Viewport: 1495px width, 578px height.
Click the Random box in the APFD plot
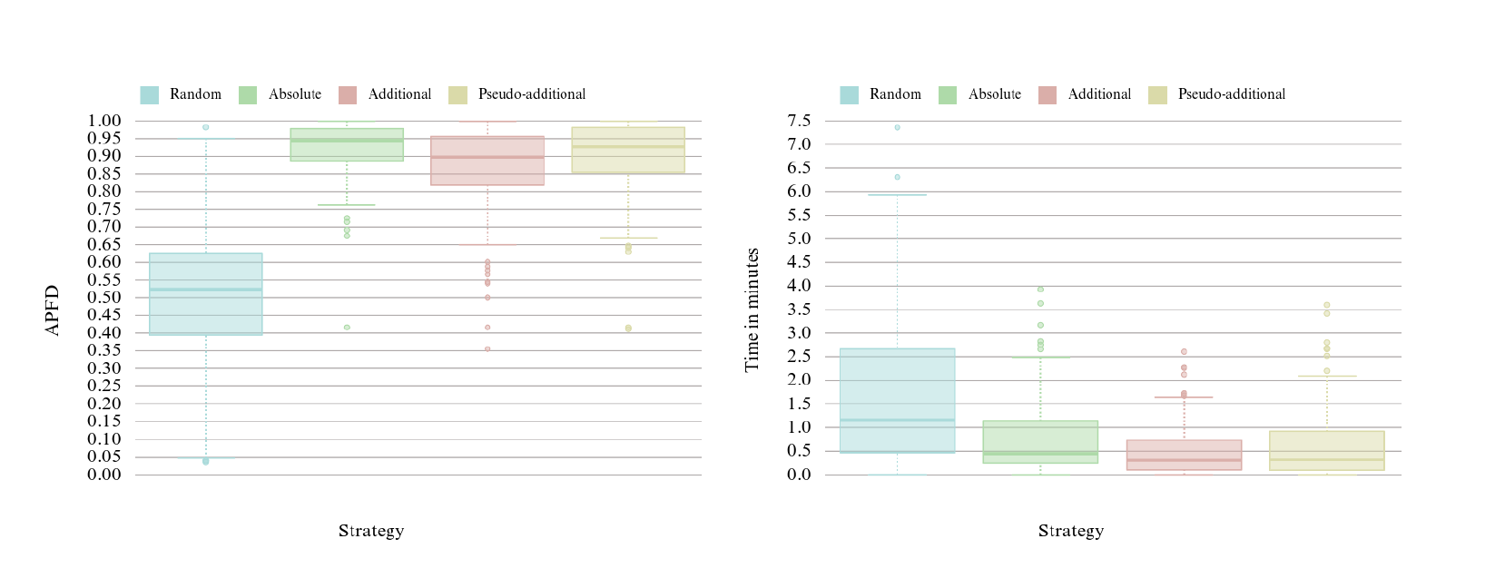point(206,294)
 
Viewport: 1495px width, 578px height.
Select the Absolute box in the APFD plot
point(347,145)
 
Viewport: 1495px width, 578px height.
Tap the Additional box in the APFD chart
point(487,161)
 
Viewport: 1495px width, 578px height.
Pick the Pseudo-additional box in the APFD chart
point(628,151)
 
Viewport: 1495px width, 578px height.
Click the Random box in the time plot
point(898,400)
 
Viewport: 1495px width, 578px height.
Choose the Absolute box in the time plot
point(1040,442)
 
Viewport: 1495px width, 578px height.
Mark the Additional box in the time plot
point(1184,455)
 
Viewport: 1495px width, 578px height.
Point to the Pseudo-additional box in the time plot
point(1327,450)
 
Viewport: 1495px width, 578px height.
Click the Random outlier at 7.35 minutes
point(898,127)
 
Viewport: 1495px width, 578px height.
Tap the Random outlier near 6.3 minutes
point(898,177)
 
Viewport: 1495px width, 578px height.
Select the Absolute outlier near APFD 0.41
point(347,328)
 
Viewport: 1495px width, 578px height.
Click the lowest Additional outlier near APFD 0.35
point(487,349)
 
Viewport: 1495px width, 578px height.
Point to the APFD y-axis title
point(53,310)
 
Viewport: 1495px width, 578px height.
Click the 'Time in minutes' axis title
point(752,310)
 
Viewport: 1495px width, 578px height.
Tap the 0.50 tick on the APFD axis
point(104,298)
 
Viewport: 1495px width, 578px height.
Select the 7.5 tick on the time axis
point(800,121)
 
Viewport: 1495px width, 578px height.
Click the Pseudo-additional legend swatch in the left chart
point(457,95)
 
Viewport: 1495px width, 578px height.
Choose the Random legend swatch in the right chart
point(849,95)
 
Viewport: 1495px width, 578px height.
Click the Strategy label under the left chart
point(371,531)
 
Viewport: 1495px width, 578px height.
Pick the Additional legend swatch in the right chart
point(1047,95)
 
